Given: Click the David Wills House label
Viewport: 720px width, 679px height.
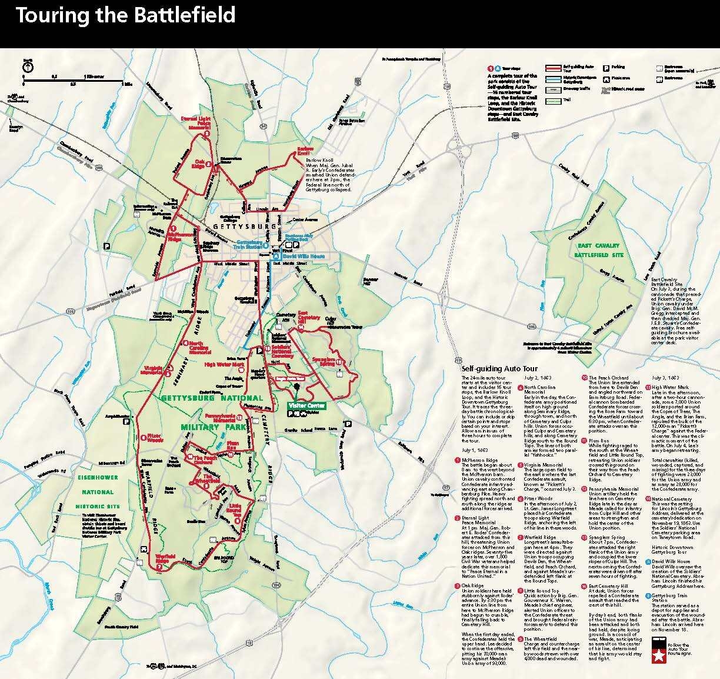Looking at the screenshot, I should (304, 257).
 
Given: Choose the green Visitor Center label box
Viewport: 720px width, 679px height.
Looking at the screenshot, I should (306, 405).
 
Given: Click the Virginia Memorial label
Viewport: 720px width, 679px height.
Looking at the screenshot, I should (152, 371).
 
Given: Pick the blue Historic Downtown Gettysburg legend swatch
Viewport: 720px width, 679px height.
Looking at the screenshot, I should (553, 78).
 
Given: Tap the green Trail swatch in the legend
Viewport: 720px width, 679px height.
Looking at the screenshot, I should (553, 100).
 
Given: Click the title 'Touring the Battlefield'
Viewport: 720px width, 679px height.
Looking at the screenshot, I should (125, 15).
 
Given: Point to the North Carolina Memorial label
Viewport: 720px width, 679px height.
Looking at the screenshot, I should (199, 348).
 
